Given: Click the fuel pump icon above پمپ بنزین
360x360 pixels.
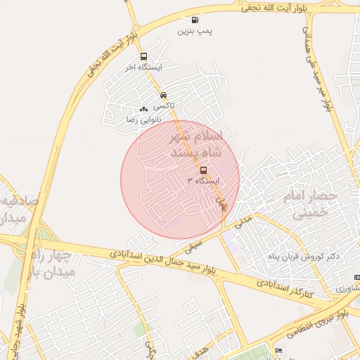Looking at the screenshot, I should click(x=194, y=20).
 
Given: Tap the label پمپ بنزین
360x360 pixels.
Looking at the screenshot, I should click(x=193, y=32).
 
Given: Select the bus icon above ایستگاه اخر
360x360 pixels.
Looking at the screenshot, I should click(x=144, y=57).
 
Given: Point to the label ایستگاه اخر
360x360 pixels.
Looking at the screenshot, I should click(x=144, y=68).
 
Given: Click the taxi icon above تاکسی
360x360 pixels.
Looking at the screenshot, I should click(x=163, y=95).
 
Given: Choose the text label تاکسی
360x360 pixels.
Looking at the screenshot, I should click(x=164, y=106).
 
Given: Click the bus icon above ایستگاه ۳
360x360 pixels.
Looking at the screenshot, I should click(x=203, y=170).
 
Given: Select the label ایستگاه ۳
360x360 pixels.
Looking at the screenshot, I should click(x=203, y=181).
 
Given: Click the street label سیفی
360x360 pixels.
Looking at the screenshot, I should click(x=193, y=246).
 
